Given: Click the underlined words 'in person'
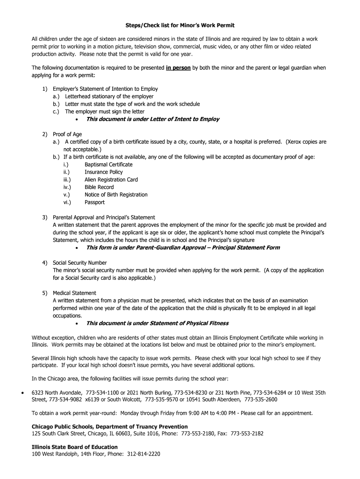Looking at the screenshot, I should (178, 68).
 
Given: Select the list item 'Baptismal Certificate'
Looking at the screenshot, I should (108, 165).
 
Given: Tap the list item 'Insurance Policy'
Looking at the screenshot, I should (103, 172).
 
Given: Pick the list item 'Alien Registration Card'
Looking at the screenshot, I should (111, 180).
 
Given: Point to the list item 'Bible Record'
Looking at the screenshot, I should (99, 187).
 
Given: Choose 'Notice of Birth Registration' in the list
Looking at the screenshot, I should (116, 195).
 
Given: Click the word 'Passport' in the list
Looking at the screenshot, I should (94, 203).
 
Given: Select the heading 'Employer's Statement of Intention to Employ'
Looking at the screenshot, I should (105, 89).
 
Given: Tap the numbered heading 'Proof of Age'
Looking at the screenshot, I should (67, 134).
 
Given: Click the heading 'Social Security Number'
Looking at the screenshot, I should (79, 263).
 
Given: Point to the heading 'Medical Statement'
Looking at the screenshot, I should (74, 293).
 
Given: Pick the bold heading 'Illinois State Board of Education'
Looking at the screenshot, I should (75, 446).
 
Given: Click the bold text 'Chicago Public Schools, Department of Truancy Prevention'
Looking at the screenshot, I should (109, 427).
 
